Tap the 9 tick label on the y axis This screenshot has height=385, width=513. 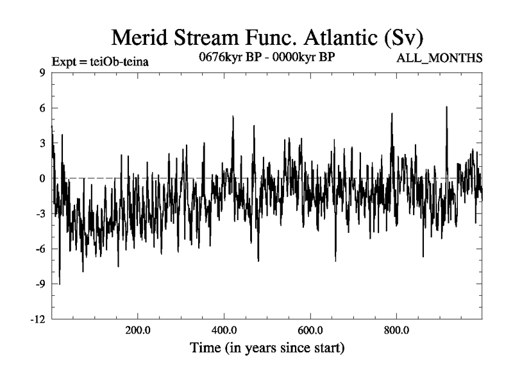(42, 73)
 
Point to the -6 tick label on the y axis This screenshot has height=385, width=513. (40, 249)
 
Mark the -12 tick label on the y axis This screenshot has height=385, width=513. (38, 319)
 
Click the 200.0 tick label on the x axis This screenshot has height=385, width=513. (137, 330)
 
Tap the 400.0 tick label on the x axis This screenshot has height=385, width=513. (224, 330)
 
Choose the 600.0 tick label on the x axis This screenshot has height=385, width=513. (310, 330)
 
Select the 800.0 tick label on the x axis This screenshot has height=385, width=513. (396, 330)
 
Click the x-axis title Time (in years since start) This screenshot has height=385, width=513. (267, 349)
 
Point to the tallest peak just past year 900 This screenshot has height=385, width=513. (446, 107)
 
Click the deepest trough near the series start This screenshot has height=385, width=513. (60, 283)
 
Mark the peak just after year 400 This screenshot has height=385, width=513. (233, 117)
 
